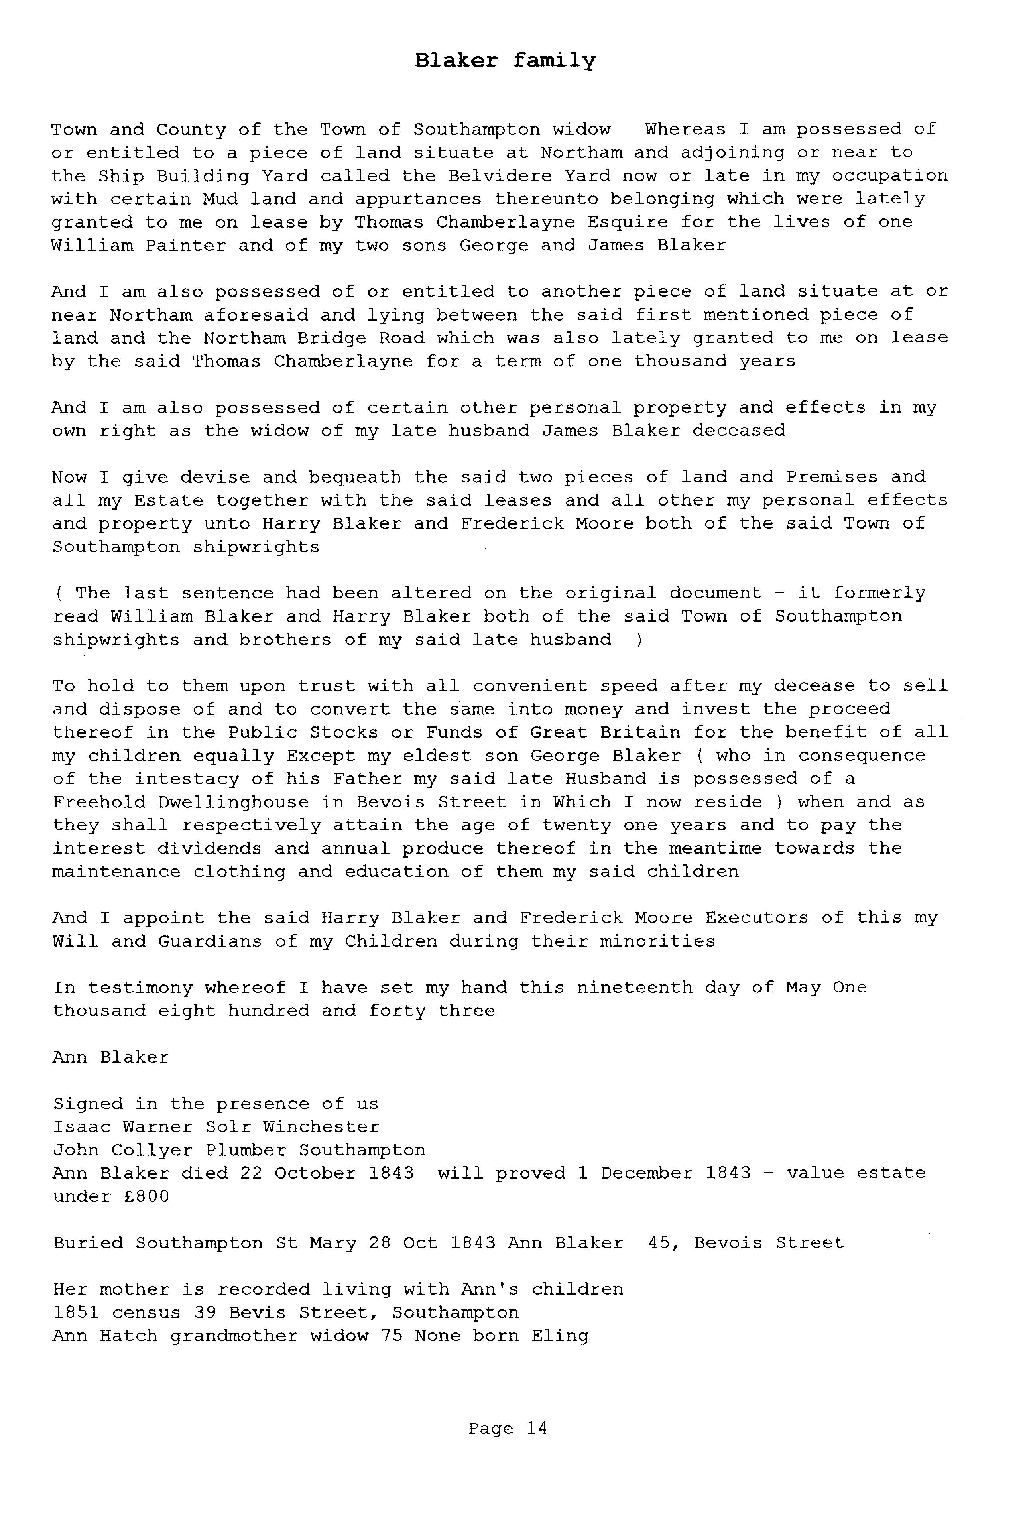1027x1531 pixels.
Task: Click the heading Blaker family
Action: click(506, 61)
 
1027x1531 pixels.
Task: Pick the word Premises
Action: click(832, 477)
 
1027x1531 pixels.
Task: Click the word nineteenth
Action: click(634, 988)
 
